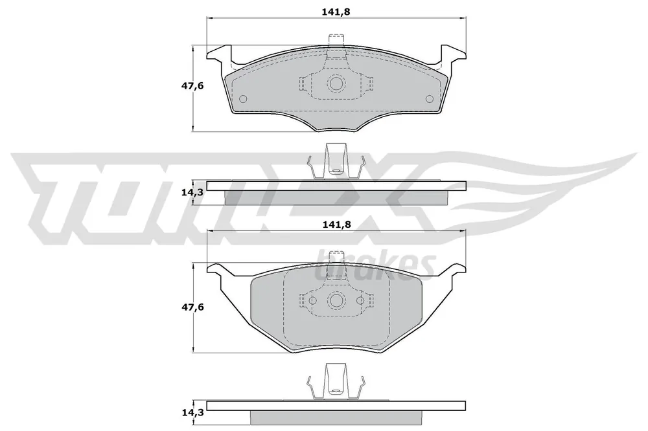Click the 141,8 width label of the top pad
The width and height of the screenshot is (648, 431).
click(336, 12)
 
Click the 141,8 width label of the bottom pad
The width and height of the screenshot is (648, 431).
click(336, 225)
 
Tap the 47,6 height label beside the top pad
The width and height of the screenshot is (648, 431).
click(192, 86)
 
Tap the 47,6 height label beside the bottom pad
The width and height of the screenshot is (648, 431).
click(192, 307)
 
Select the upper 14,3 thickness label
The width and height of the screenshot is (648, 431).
click(192, 192)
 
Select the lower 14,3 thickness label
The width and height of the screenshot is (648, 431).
click(192, 412)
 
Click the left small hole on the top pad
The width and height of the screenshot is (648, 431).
click(243, 99)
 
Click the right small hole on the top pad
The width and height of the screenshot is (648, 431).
click(430, 99)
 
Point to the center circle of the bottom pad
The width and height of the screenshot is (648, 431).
click(336, 300)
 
